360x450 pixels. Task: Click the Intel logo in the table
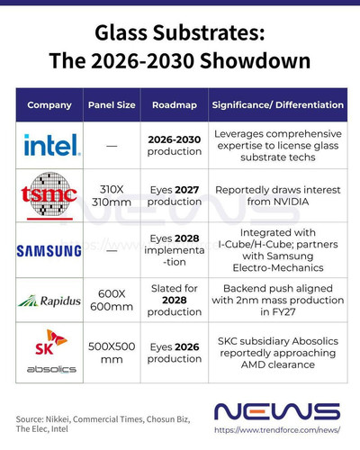point(52,145)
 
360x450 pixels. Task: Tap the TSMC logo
point(49,195)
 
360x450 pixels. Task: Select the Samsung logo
point(49,251)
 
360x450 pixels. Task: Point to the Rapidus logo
point(49,301)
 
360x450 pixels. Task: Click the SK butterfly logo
point(51,342)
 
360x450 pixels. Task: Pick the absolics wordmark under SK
point(51,369)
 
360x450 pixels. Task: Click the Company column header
point(49,105)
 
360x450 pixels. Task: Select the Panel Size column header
point(112,105)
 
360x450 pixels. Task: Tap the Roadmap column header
point(175,105)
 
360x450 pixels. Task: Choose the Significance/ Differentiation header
point(278,105)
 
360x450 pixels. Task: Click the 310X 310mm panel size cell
point(112,195)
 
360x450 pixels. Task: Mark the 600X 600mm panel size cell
point(112,300)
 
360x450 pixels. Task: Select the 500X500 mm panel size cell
point(112,353)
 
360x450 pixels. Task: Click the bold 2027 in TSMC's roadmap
point(187,190)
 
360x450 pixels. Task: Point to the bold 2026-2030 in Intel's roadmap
point(175,139)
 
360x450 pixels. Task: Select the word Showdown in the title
point(255,61)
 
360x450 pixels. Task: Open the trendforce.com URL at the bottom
point(277,430)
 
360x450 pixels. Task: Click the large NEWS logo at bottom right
point(277,411)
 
